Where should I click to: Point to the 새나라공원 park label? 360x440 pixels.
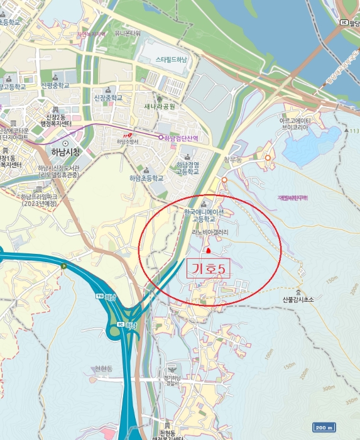click(x=158, y=106)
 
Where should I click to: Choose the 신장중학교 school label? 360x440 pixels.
click(x=108, y=98)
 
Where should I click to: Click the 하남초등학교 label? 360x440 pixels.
click(x=146, y=178)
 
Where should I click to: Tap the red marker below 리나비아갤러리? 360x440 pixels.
click(x=209, y=302)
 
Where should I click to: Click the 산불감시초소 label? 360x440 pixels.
click(x=298, y=300)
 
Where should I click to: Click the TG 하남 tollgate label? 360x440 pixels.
click(x=107, y=295)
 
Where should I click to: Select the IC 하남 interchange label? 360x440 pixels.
click(x=126, y=325)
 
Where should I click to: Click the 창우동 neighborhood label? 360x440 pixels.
click(x=232, y=160)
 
